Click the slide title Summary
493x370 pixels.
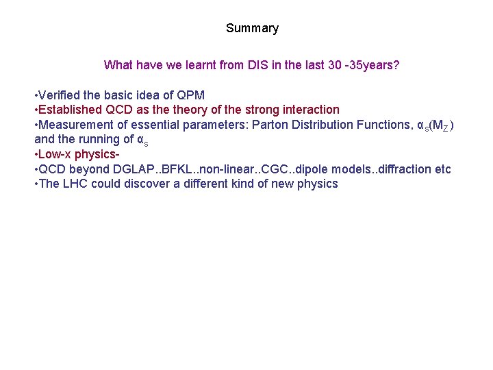(x=252, y=28)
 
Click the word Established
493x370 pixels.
(x=67, y=110)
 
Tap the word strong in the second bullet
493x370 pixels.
(x=255, y=110)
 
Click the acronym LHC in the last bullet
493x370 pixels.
(x=74, y=184)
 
